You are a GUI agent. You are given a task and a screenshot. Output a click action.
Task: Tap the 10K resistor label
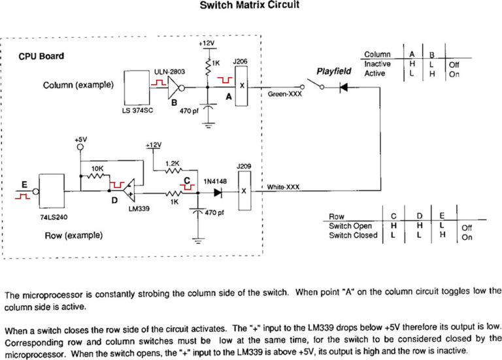97,168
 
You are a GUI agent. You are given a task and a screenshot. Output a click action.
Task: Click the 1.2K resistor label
174,163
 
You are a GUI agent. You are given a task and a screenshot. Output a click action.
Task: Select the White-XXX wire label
284,188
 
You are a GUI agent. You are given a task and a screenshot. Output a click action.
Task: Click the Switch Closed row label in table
353,235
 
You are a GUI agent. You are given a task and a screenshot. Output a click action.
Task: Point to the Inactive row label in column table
377,64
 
